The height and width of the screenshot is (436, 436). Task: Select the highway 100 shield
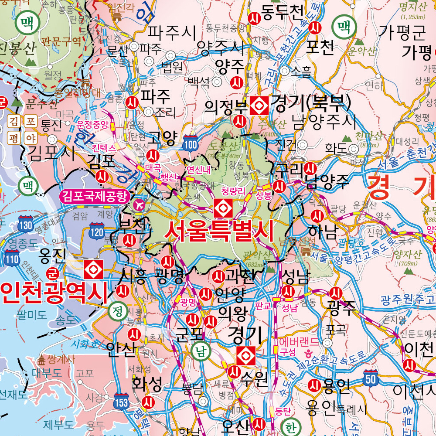click(x=191, y=143)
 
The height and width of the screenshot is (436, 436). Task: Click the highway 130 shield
click(x=26, y=225)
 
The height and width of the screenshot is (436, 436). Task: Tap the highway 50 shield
click(x=371, y=378)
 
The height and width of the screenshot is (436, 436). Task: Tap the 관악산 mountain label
click(x=247, y=254)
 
